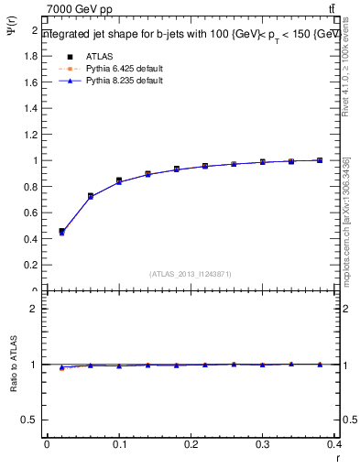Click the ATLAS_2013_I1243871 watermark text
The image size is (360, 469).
click(x=190, y=274)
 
